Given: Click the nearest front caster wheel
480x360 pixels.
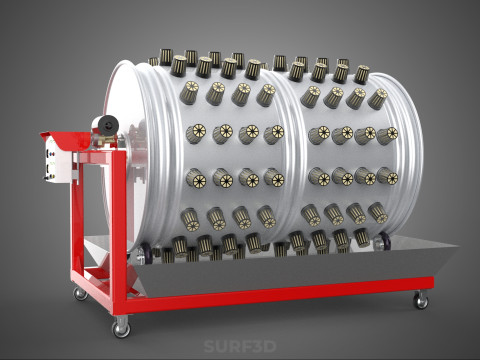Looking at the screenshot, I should (121, 326).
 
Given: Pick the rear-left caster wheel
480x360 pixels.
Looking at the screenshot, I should (81, 292).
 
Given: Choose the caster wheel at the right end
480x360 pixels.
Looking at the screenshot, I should (421, 299).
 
